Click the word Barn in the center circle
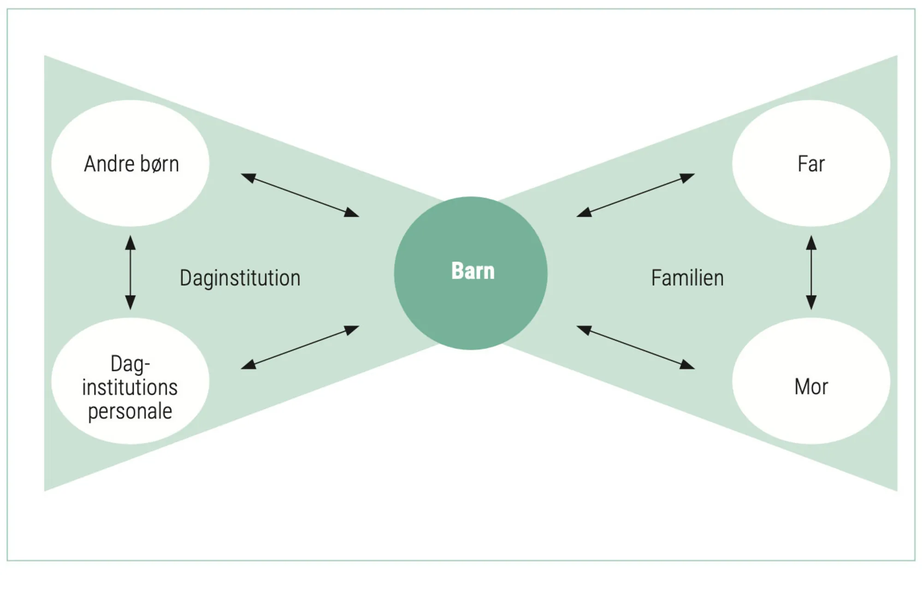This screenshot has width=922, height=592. [473, 271]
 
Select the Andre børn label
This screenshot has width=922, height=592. [131, 164]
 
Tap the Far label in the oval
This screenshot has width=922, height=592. [811, 164]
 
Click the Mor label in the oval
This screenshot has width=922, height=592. [811, 387]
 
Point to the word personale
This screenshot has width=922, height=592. [130, 411]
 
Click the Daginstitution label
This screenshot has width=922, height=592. [240, 278]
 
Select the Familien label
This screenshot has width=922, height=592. [687, 278]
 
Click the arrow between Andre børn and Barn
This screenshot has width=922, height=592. [300, 195]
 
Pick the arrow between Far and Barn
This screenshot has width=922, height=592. [635, 195]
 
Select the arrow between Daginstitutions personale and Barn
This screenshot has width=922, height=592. [300, 347]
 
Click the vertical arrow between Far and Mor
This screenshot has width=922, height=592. [811, 272]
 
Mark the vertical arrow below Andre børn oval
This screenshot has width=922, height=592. [130, 272]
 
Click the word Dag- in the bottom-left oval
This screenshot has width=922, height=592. [130, 364]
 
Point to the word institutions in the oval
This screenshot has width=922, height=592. [130, 387]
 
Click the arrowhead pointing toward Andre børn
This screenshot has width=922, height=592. [248, 177]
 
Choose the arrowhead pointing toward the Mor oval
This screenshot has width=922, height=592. [688, 364]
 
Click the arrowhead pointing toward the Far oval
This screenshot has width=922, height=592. [688, 177]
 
